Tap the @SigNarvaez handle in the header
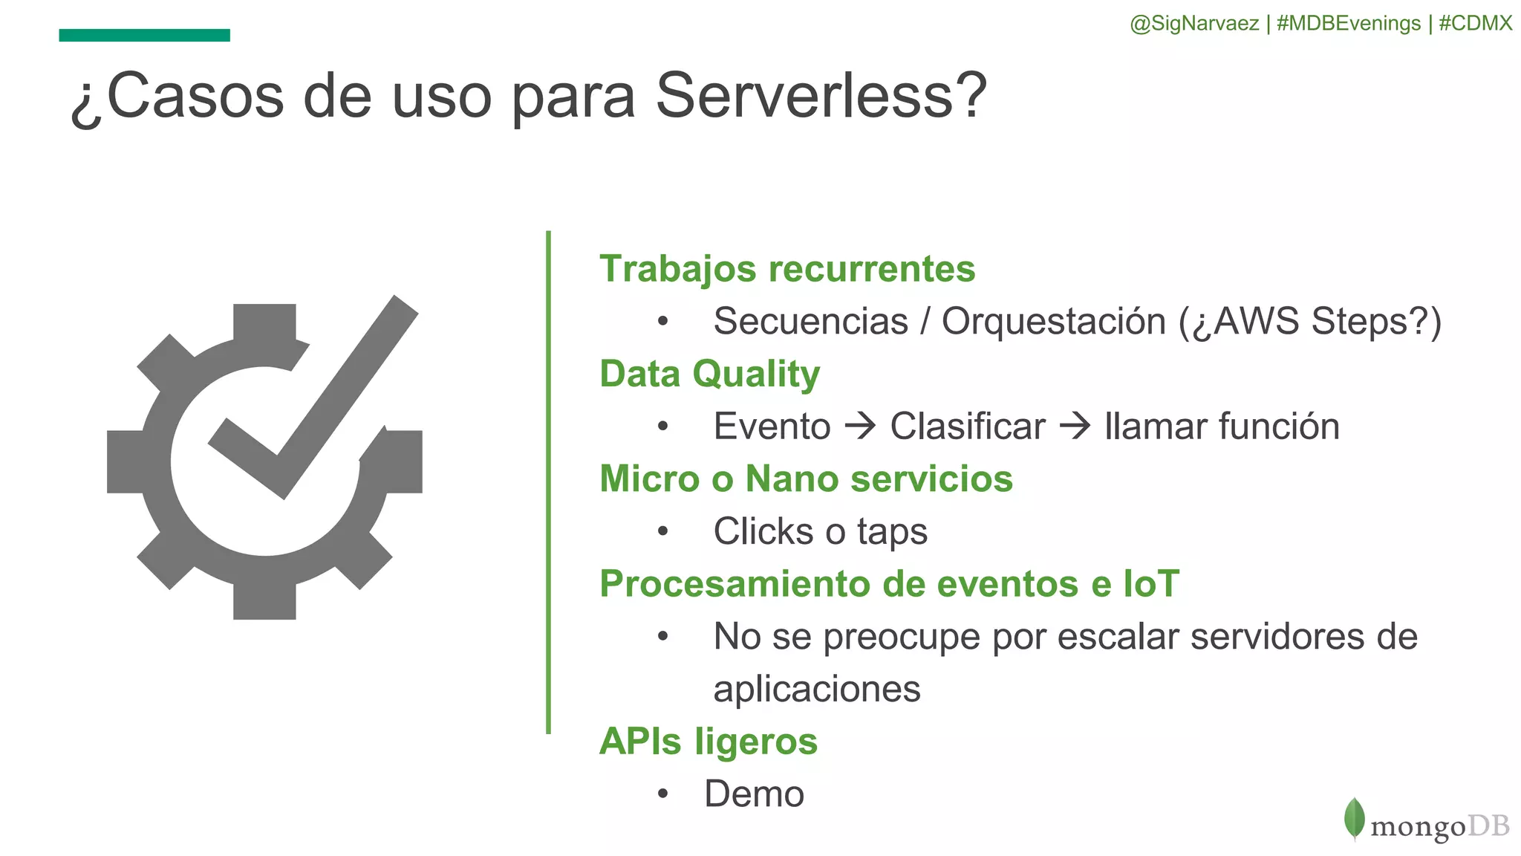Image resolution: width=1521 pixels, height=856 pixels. (1193, 24)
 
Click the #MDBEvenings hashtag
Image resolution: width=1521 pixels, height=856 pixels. (1348, 24)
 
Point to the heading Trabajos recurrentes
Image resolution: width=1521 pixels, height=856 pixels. (786, 269)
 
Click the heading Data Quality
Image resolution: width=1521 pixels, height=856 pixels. (709, 374)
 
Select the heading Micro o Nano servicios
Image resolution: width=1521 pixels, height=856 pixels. (806, 479)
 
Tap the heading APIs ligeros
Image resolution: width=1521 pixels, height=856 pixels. (708, 742)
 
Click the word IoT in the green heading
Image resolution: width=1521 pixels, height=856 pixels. (1150, 583)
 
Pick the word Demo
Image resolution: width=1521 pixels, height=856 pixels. (754, 794)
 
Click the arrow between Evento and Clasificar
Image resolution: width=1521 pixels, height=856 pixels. (861, 427)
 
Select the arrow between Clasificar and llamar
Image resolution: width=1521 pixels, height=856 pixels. (1075, 427)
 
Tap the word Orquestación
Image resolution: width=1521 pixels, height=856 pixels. (1055, 322)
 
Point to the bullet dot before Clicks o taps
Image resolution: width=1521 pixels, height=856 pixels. (663, 531)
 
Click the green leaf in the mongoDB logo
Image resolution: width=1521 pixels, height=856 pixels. (1354, 819)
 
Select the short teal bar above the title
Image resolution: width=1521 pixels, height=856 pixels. (144, 35)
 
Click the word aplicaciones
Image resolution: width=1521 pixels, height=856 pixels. (816, 689)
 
